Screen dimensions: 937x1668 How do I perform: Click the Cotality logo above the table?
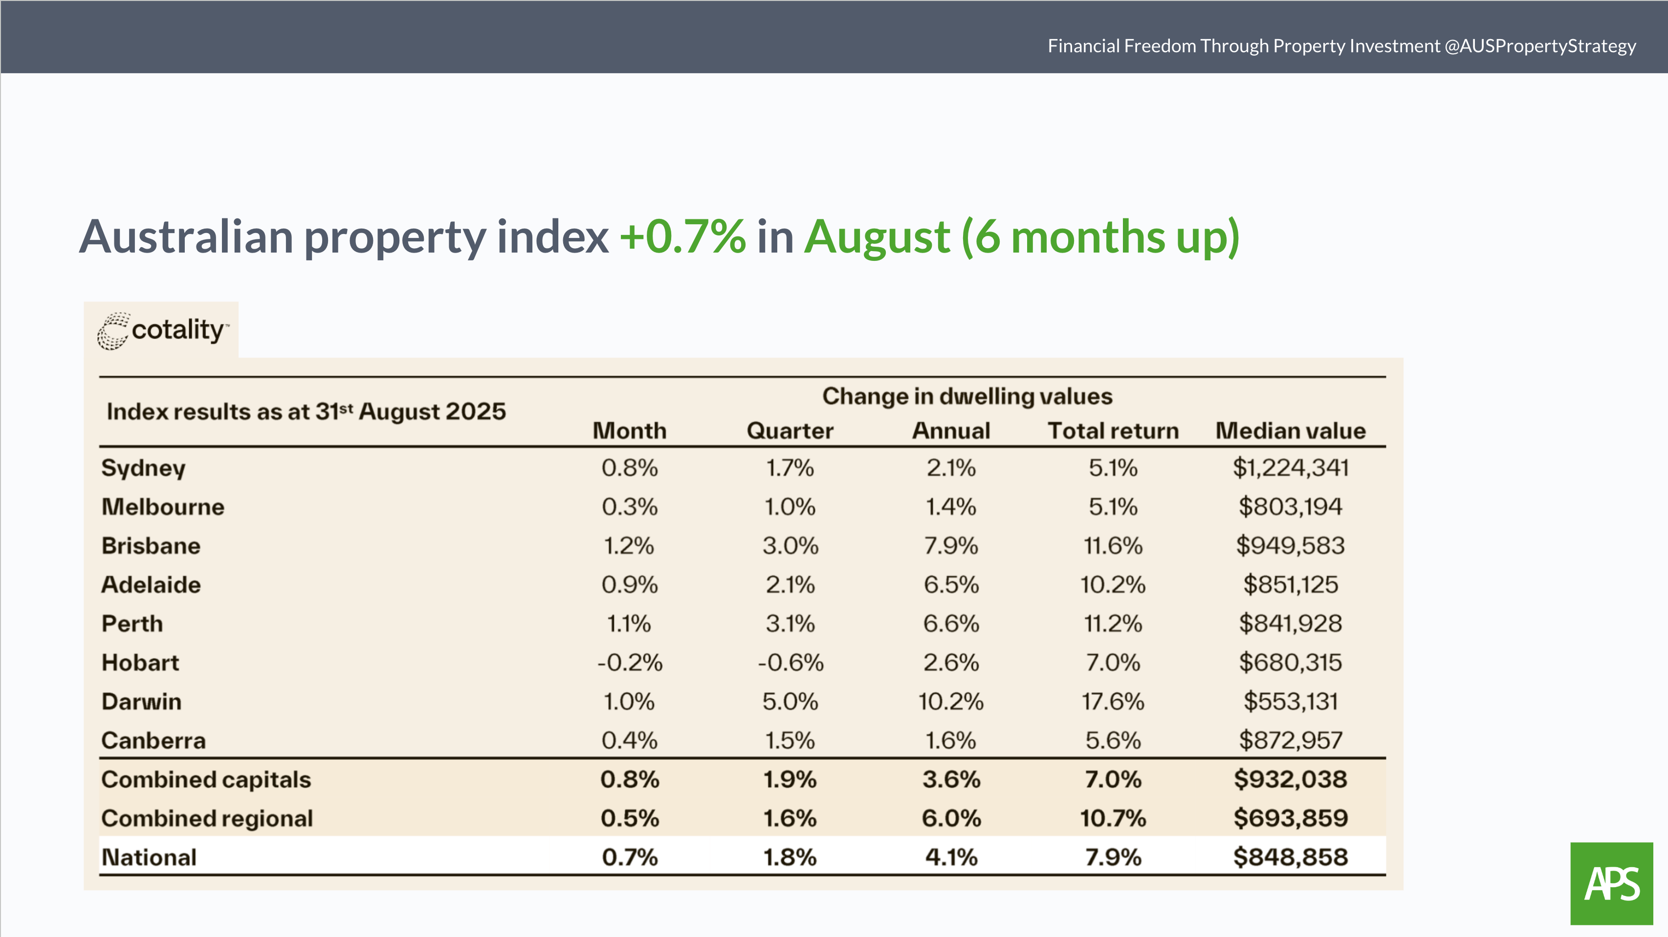pos(162,331)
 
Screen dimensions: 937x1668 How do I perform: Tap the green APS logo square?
pos(1611,883)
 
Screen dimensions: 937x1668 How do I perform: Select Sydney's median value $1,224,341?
pos(1290,468)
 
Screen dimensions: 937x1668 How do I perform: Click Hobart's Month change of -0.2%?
pos(629,662)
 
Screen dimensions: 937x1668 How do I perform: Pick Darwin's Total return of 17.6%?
pos(1113,702)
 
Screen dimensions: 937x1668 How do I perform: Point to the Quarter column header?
pos(790,431)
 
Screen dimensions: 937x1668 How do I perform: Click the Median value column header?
pos(1290,431)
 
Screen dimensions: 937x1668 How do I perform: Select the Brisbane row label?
pos(151,546)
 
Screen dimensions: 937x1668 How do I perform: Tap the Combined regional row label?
pos(207,819)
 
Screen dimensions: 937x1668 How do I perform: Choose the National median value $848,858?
pos(1290,857)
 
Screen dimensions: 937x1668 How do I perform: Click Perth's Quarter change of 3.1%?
pos(790,624)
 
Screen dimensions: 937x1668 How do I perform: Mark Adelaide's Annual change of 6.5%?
pos(950,585)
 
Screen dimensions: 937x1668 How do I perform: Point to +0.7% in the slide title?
pos(682,237)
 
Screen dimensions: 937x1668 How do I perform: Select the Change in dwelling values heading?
pos(967,396)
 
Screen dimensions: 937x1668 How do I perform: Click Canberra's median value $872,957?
pos(1290,740)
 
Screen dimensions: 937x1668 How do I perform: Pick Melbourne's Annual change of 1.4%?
pos(950,507)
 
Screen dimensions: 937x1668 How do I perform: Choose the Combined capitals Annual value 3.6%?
pos(950,780)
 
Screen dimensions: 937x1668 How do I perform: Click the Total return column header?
pos(1113,431)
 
